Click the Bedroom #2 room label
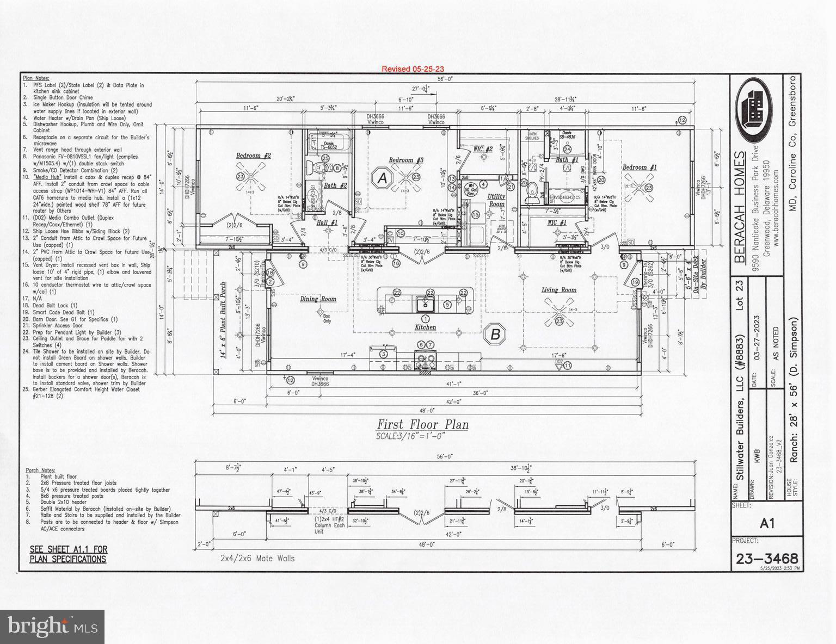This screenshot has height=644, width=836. pos(253,156)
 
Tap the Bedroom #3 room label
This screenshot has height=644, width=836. pos(405,160)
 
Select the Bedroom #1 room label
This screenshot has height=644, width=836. pos(639,168)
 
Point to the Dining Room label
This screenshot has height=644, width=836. pos(318,299)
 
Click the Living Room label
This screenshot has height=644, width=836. pos(558,290)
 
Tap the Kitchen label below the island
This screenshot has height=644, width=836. pos(425,327)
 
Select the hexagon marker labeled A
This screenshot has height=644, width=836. pos(383,178)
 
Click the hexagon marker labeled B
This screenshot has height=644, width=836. pos(495,334)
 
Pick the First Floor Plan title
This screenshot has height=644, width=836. pos(423,425)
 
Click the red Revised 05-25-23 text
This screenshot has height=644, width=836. pos(413,69)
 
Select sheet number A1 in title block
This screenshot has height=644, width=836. pos(766,523)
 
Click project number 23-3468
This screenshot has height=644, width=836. pos(766,559)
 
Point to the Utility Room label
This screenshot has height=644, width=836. pos(496,200)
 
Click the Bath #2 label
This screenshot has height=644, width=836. pos(335,186)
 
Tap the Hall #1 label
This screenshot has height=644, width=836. pos(327,222)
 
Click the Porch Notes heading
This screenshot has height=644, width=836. pos(40,470)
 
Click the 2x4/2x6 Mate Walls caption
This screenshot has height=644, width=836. pos(257,558)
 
